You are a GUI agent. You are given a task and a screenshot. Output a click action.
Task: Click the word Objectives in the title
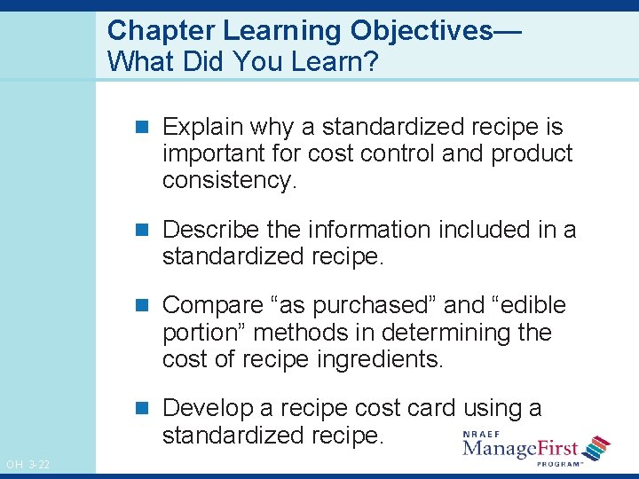point(421,30)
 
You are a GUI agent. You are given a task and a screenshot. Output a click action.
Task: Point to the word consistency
point(226,181)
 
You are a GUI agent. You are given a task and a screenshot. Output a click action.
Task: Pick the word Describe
point(211,230)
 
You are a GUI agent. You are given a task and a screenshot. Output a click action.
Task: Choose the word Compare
point(208,305)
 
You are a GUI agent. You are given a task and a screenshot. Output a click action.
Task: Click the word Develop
point(208,408)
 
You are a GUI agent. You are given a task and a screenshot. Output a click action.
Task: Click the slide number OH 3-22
point(28,465)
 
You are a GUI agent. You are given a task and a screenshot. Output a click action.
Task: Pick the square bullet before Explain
point(148,127)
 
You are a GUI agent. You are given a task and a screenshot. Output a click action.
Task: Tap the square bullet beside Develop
point(148,408)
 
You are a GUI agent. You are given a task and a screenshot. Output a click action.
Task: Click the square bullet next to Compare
point(148,305)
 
